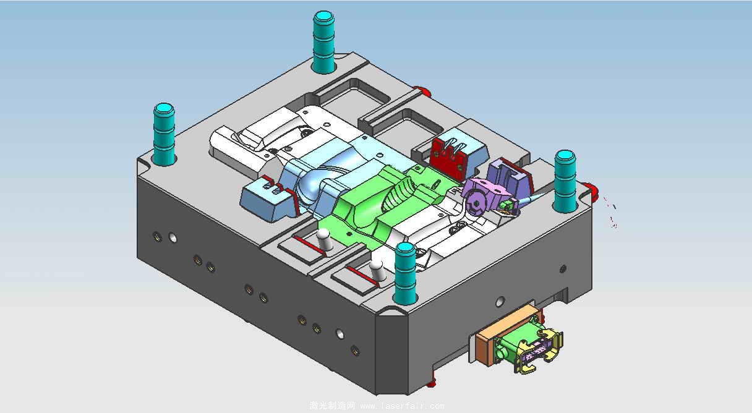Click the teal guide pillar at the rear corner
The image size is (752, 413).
[x=323, y=42]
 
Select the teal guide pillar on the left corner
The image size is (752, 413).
[x=164, y=134]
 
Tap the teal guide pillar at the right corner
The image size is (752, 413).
[x=565, y=181]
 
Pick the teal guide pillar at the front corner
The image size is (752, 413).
[x=406, y=273]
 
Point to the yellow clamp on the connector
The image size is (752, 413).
[x=540, y=351]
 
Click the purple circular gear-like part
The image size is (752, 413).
[x=477, y=203]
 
